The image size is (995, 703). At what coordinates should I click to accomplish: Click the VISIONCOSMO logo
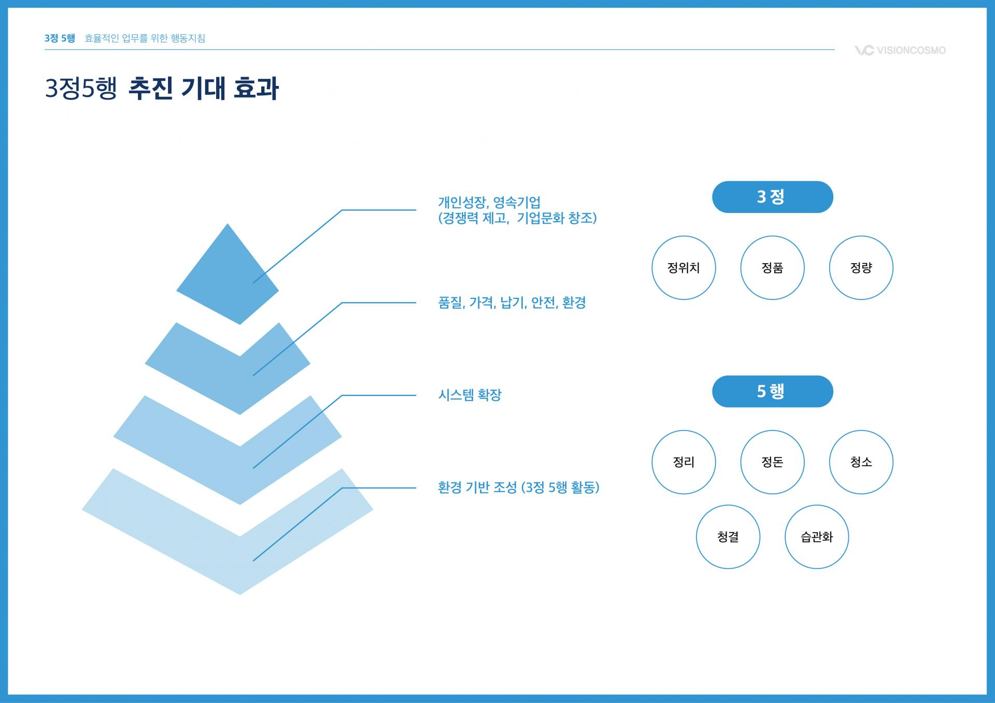click(900, 50)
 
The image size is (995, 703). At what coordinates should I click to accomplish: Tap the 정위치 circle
click(684, 268)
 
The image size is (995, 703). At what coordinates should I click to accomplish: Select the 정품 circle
click(772, 268)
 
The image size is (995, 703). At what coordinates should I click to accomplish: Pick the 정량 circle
click(861, 268)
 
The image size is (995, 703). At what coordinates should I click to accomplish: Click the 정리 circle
click(684, 462)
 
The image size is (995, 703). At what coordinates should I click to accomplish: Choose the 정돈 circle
click(772, 462)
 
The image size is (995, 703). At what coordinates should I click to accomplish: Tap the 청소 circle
click(861, 462)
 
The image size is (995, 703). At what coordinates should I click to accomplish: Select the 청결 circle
click(728, 537)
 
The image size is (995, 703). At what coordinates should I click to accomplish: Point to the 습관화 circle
click(817, 537)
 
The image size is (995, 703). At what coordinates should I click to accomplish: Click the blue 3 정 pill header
click(772, 197)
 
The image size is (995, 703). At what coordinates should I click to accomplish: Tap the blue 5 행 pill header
click(772, 391)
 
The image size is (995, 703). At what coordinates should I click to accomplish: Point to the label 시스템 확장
click(470, 395)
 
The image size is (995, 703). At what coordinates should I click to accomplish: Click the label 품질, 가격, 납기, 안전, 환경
click(511, 303)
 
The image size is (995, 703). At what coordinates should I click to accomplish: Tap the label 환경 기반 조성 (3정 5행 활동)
click(518, 487)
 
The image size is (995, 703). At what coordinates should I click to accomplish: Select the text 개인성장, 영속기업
click(489, 202)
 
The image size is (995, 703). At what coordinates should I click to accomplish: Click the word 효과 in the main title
click(256, 88)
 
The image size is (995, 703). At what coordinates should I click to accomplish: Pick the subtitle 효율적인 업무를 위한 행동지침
click(145, 38)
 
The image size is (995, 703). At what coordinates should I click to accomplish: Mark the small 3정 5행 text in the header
click(60, 38)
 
